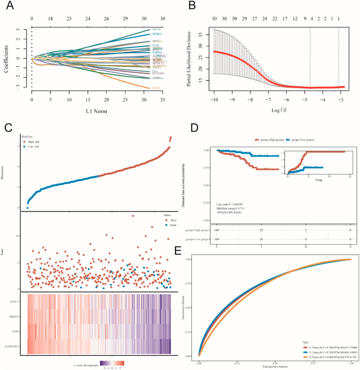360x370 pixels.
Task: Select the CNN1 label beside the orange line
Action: [156, 88]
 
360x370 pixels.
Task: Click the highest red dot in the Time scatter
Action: [132, 216]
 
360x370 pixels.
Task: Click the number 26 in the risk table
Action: [261, 240]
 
